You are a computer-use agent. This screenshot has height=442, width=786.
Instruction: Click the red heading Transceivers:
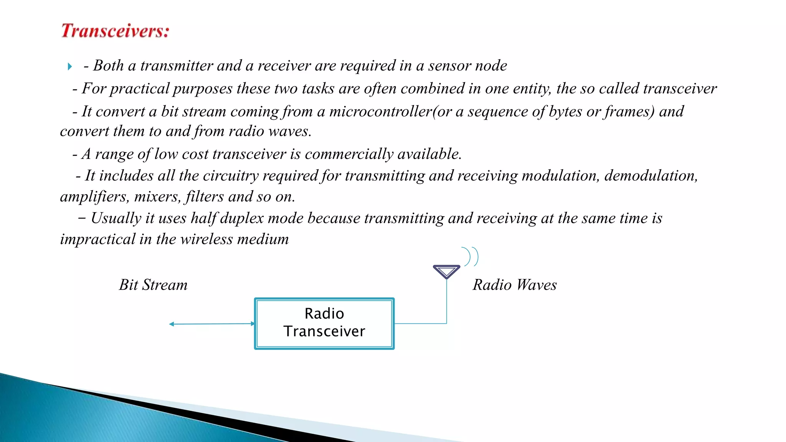tap(115, 31)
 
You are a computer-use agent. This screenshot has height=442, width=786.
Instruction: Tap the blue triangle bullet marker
tap(69, 67)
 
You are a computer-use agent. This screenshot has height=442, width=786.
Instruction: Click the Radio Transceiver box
tap(324, 323)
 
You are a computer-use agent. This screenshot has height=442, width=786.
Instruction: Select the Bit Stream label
tap(153, 285)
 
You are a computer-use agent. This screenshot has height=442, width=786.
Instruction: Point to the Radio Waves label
tap(514, 285)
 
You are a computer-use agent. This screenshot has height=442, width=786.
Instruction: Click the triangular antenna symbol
tap(446, 271)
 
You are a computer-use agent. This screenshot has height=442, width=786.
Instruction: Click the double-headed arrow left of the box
tap(211, 324)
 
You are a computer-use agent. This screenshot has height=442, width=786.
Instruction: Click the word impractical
tap(97, 239)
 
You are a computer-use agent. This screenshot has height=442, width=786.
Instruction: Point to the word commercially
tap(349, 154)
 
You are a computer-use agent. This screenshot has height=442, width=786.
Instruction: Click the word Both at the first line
tap(109, 66)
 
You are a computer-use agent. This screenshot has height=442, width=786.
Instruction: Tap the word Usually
tap(116, 218)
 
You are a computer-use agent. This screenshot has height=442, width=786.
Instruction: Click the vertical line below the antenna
tap(446, 301)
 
